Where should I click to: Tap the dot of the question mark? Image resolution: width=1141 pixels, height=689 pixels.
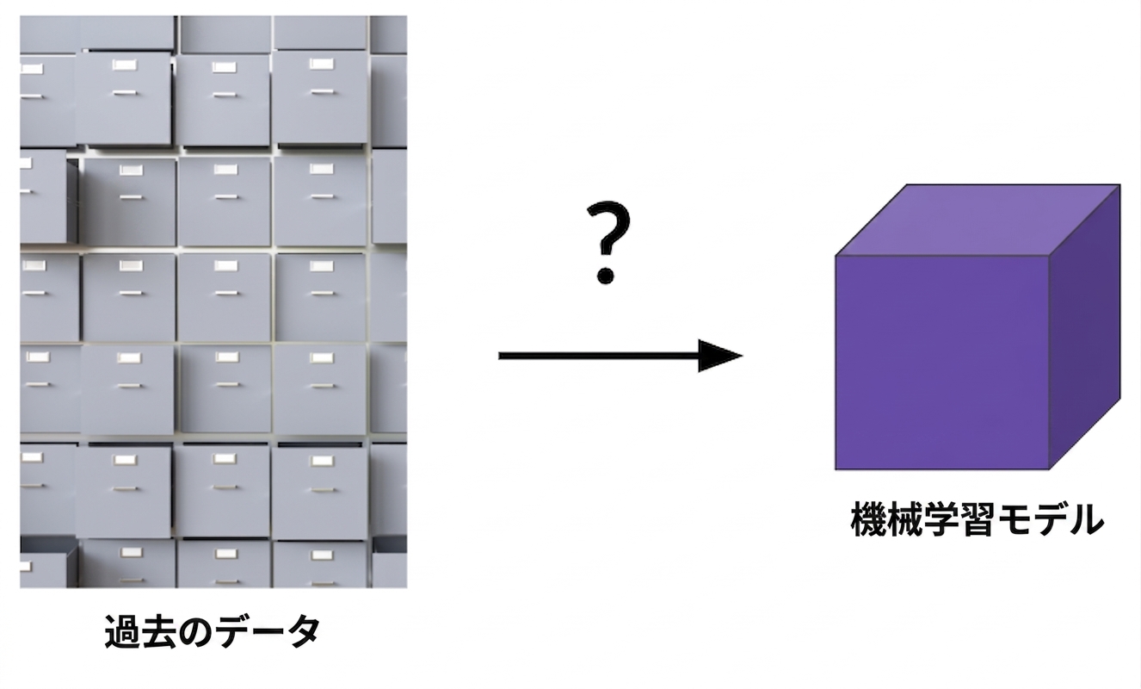(x=606, y=276)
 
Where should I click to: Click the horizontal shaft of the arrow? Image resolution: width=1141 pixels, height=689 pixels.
(x=599, y=356)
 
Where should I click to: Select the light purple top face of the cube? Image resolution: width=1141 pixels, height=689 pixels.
(x=978, y=220)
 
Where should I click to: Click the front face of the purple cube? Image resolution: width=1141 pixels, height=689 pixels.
(x=942, y=362)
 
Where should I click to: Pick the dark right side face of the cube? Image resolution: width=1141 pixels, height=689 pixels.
(x=1084, y=326)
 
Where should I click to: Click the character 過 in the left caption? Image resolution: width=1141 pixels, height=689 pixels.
(x=122, y=631)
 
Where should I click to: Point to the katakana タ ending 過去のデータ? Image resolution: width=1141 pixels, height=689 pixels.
(x=303, y=632)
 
